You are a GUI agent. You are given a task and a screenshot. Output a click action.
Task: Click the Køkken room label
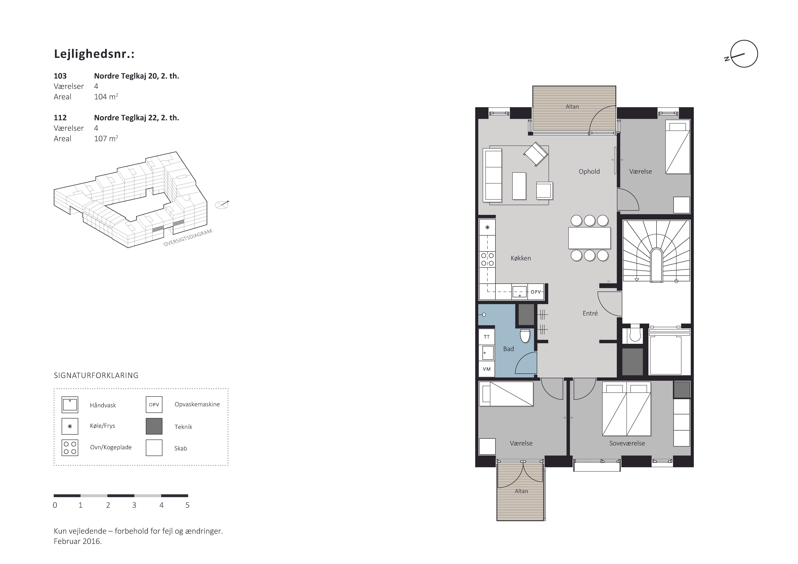coord(521,258)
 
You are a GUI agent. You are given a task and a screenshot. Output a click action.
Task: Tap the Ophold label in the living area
coord(589,171)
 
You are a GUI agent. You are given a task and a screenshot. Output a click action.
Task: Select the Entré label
coord(590,313)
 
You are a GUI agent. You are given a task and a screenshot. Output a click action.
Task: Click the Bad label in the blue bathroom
coord(509,349)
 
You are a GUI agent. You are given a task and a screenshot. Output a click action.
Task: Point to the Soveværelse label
coord(627,443)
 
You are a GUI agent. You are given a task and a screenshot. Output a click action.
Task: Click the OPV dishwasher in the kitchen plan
coord(536,292)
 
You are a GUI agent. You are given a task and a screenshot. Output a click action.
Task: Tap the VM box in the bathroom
coord(487,369)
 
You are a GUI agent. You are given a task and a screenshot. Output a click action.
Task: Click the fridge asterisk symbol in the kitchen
coord(487,227)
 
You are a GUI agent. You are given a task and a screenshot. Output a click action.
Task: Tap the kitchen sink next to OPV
coord(520,292)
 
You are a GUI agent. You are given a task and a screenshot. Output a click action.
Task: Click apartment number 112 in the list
coord(60,118)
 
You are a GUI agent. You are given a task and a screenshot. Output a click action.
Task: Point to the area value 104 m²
coord(106,97)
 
